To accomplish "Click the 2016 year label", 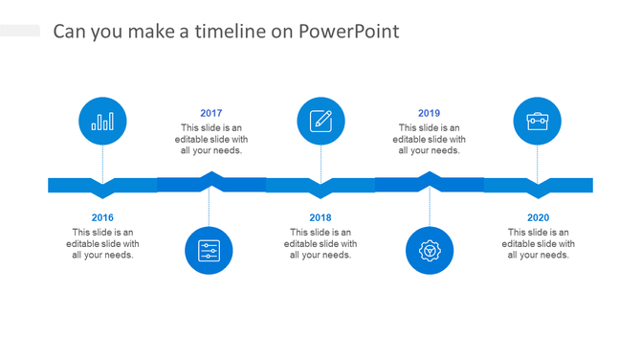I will (102, 217).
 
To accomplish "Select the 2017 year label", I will (211, 113).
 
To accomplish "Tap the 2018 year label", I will (320, 217).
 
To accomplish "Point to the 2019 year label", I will (430, 113).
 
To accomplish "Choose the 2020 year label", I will (539, 217).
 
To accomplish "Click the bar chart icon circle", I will (102, 122).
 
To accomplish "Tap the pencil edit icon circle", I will (320, 122).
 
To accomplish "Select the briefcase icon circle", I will (538, 122).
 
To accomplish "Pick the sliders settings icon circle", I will (209, 251).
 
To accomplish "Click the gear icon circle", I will (430, 251).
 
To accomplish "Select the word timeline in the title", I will (229, 32).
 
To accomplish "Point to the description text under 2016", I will (102, 243).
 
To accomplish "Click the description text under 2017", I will (211, 139).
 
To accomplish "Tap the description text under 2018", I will (320, 243).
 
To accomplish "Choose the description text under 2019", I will (430, 139).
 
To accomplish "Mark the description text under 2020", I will (539, 243).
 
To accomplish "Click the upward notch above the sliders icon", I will (210, 175).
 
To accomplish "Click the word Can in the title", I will (68, 32).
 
